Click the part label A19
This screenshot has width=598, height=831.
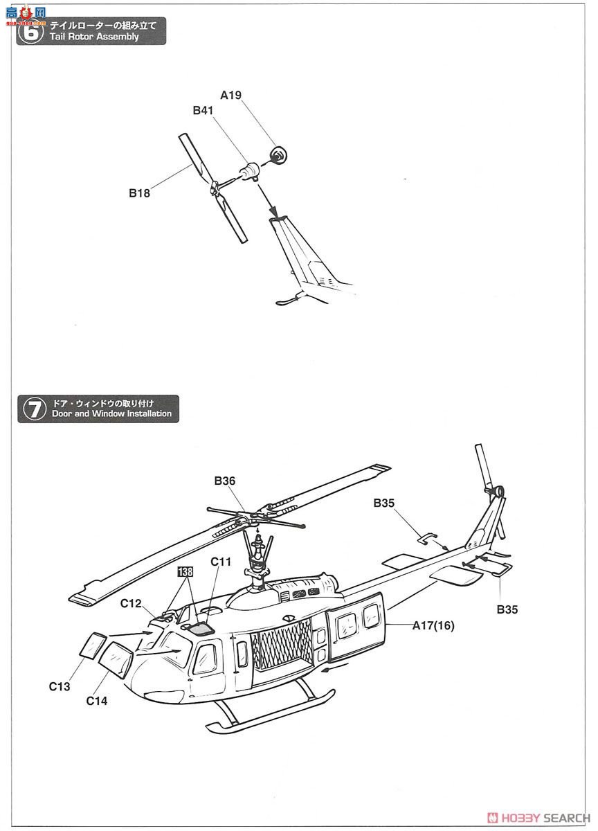[x=230, y=96]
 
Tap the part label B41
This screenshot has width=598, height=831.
[x=203, y=111]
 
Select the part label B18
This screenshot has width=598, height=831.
[x=139, y=194]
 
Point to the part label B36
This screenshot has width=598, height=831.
[x=225, y=481]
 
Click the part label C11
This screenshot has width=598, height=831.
[x=221, y=562]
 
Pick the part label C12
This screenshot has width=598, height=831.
[x=131, y=603]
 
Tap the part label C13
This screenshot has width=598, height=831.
[x=60, y=686]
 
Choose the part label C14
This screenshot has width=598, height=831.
[x=97, y=700]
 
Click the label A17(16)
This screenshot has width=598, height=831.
[x=433, y=626]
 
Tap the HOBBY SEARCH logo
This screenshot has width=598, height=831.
[x=539, y=817]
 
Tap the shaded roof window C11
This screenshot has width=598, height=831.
[x=201, y=628]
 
